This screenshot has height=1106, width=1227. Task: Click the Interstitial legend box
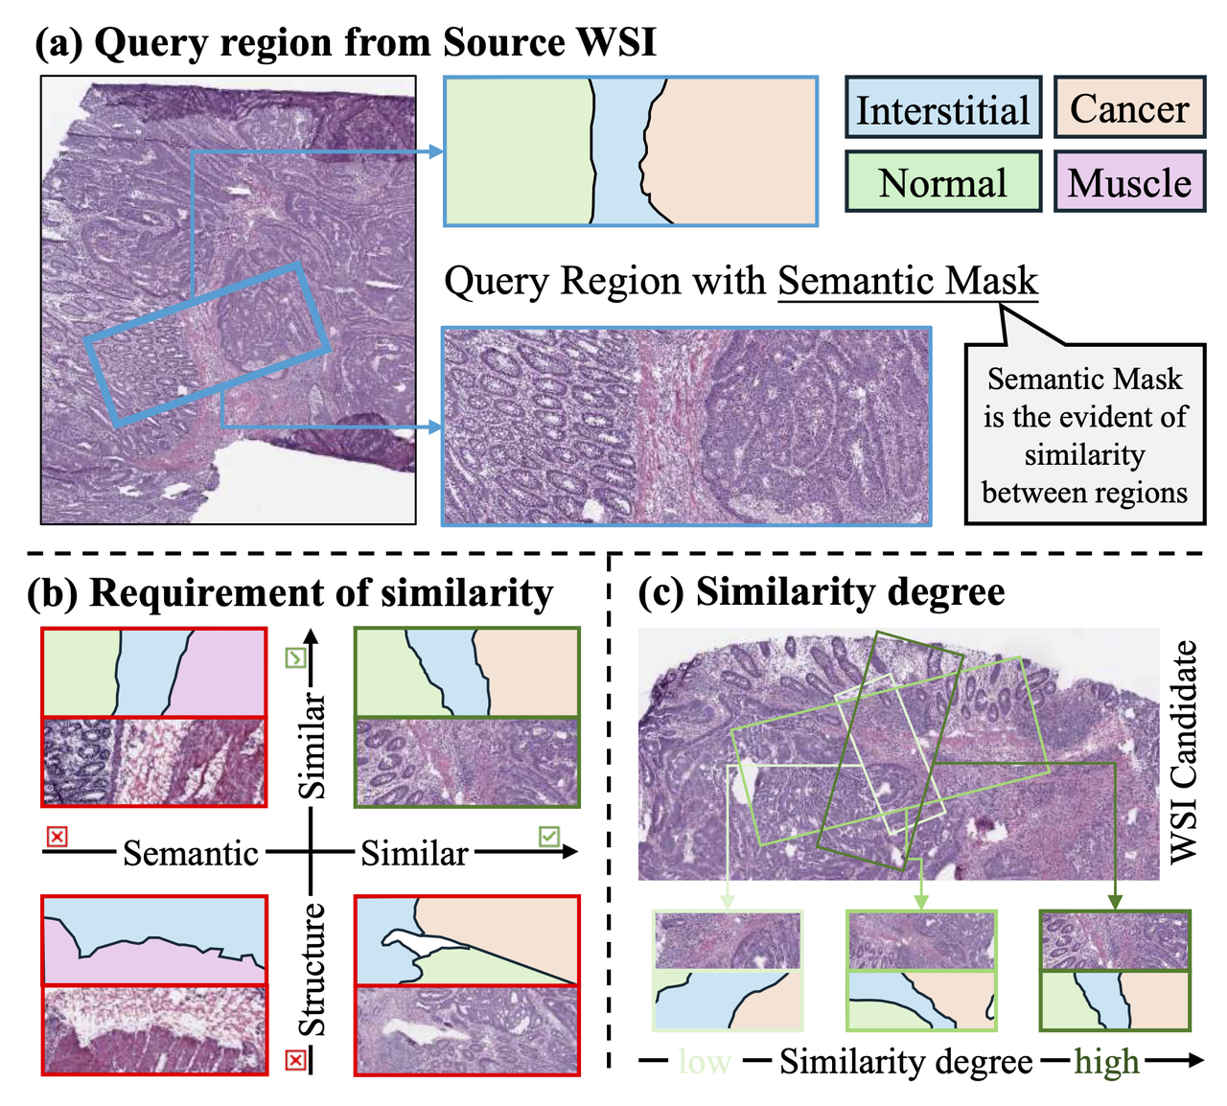[943, 109]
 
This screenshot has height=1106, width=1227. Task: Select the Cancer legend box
[1129, 108]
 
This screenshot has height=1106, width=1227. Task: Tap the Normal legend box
[943, 182]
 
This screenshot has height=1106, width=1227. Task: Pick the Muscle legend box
[1129, 182]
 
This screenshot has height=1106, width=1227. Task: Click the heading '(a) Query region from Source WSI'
[345, 42]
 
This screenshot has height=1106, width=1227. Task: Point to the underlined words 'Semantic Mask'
[908, 281]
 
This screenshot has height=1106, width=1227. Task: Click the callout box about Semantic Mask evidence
[1084, 435]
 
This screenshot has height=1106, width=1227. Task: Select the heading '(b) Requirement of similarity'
[290, 593]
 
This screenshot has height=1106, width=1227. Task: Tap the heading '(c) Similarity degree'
[822, 591]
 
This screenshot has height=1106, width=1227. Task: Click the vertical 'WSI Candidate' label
[1185, 751]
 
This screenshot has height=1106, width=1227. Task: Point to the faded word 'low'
[705, 1062]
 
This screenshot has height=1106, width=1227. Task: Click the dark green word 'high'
[1106, 1062]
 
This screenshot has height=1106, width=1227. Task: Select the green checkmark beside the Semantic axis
[548, 837]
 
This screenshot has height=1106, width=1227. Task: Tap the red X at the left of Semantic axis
[58, 837]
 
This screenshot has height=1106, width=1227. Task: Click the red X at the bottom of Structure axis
[296, 1059]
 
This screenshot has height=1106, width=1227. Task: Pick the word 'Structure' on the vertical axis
[313, 969]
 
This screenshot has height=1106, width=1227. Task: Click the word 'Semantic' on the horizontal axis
[191, 853]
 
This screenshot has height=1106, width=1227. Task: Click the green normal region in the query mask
[518, 151]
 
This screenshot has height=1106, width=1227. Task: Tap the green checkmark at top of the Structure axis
[295, 657]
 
